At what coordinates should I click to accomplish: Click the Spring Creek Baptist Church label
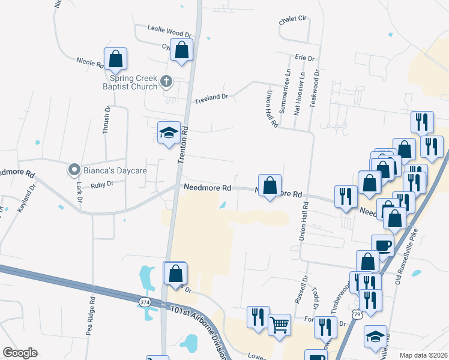click(133, 82)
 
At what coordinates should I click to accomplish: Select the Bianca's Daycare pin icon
click(74, 170)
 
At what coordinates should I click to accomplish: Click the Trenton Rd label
click(184, 145)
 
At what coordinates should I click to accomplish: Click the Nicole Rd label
click(90, 61)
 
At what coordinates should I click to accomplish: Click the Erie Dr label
click(305, 58)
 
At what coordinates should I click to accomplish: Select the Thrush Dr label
click(106, 120)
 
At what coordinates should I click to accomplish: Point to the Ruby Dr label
click(102, 185)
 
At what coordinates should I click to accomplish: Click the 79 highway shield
click(357, 314)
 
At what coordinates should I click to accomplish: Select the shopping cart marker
click(279, 325)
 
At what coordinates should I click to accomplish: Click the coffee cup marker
click(383, 245)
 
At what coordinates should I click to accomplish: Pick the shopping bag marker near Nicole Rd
click(116, 59)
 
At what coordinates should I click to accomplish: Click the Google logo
click(20, 353)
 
